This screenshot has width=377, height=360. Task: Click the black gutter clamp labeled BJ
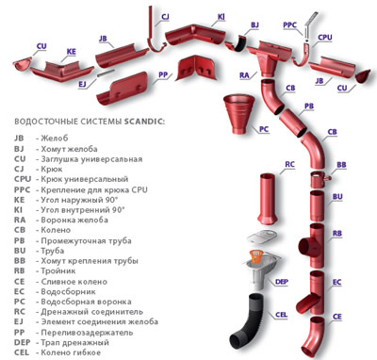coord(240,43)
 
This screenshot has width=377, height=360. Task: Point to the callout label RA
coord(244,75)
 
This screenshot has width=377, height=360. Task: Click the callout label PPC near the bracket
coord(289,25)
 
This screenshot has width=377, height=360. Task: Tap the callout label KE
coord(72,52)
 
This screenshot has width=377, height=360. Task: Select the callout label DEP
coord(282,282)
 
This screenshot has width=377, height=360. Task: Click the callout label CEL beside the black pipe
coord(281,315)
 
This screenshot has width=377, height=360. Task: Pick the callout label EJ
coord(82,84)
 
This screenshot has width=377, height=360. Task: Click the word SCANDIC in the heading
coord(144,122)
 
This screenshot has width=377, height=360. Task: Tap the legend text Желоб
coord(55,138)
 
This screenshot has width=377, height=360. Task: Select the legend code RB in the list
coord(19,270)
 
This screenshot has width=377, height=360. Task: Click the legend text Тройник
coord(58,270)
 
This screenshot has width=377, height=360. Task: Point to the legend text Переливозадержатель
coord(87,333)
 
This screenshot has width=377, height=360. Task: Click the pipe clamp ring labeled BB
coord(319,179)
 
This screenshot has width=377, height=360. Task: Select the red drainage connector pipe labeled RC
coord(268,199)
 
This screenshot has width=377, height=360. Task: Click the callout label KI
coord(221,17)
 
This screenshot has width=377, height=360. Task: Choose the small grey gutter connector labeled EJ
coord(105,74)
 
